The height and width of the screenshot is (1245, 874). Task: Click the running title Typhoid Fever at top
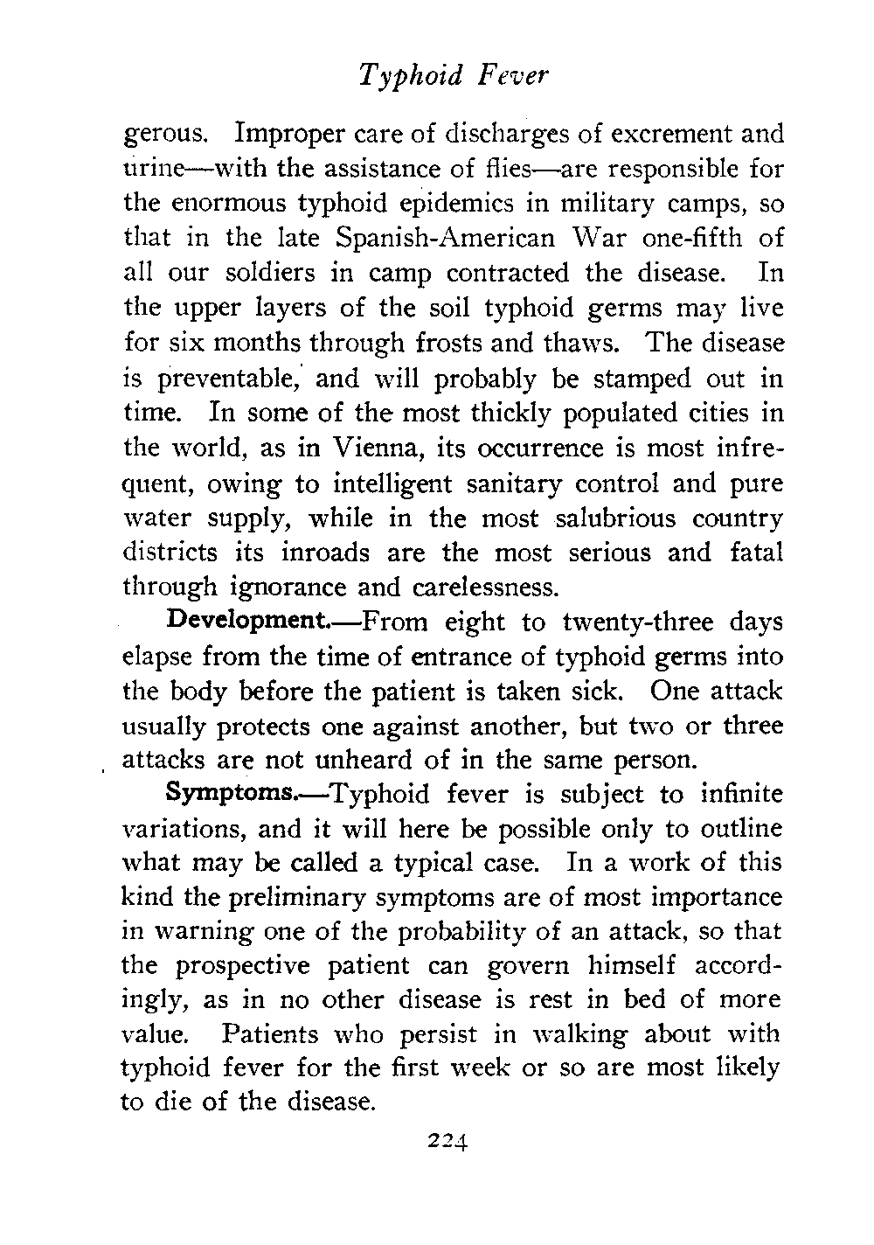pos(453,76)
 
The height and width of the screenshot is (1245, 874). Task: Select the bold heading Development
pos(246,622)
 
